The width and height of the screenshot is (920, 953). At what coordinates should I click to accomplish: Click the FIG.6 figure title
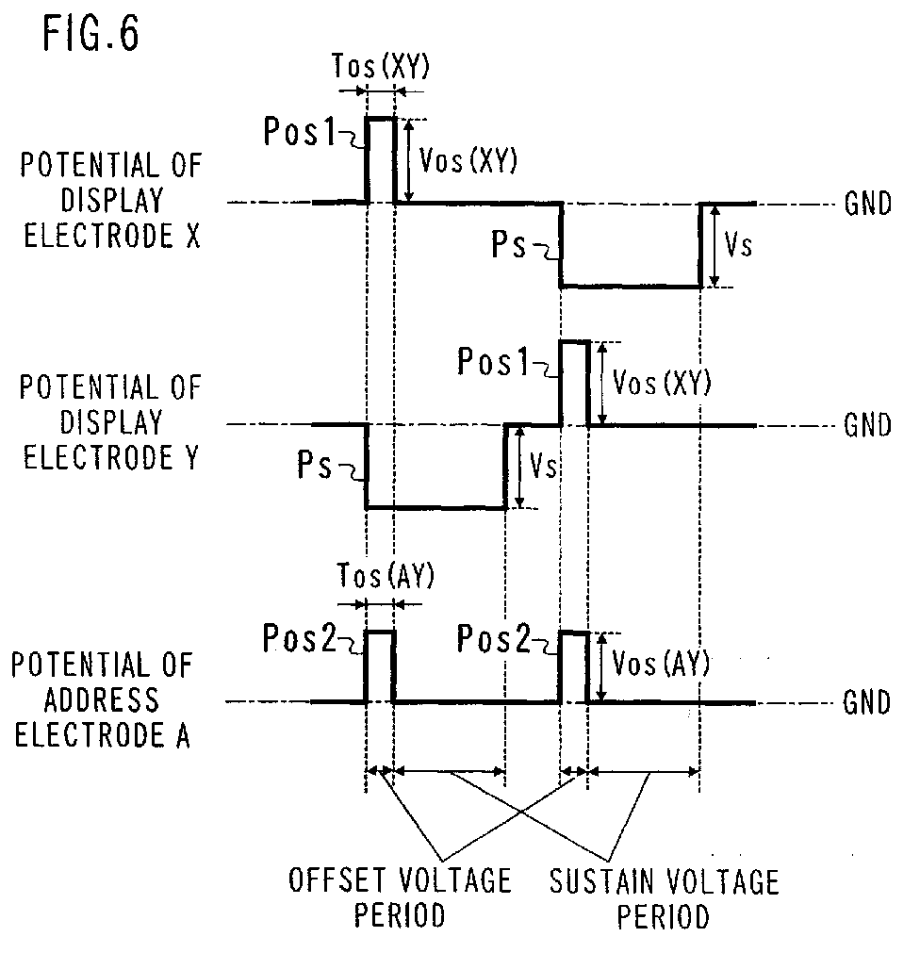pos(91,33)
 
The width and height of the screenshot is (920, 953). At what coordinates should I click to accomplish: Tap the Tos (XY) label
pos(381,66)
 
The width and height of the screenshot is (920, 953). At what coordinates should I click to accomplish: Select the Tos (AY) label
pos(386,575)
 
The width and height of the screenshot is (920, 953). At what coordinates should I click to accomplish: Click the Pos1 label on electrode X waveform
pos(299,131)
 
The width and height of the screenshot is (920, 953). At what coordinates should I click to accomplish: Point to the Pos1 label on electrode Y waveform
pos(493,361)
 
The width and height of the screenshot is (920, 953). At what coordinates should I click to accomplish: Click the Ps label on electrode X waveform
pos(509,245)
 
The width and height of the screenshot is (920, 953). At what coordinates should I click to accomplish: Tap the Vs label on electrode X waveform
pos(738,245)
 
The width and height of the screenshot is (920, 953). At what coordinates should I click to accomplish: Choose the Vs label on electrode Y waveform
pos(543,466)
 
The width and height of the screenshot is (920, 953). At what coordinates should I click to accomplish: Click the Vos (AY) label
pos(661,663)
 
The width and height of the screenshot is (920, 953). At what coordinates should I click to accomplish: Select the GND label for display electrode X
pos(868,204)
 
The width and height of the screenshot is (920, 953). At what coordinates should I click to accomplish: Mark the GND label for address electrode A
pos(866,703)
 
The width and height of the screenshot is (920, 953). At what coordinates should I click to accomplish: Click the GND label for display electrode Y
pos(868,425)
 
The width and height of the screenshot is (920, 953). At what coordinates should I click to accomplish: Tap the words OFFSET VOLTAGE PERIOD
pos(400,897)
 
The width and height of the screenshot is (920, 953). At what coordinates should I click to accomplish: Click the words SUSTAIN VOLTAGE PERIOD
pos(665,899)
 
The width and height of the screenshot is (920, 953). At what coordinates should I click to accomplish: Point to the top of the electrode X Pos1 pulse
pos(381,119)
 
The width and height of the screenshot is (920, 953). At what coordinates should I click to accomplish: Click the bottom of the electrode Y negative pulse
pos(435,507)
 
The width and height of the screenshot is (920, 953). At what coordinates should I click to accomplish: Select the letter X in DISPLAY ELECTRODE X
pos(192,236)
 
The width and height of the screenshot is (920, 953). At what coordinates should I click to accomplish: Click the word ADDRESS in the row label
pos(101,700)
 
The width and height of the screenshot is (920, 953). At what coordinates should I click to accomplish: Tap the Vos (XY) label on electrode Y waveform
pos(662,383)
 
